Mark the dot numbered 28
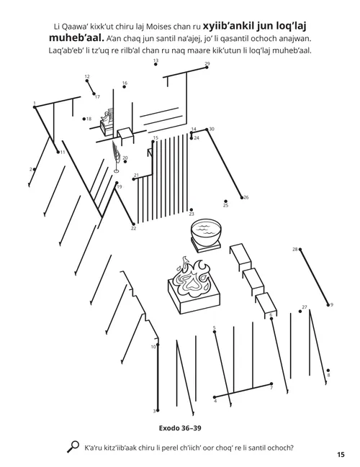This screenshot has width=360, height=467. pos(300,250)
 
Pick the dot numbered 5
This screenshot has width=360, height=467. pos(215,333)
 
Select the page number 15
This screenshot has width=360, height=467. pos(340,454)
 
